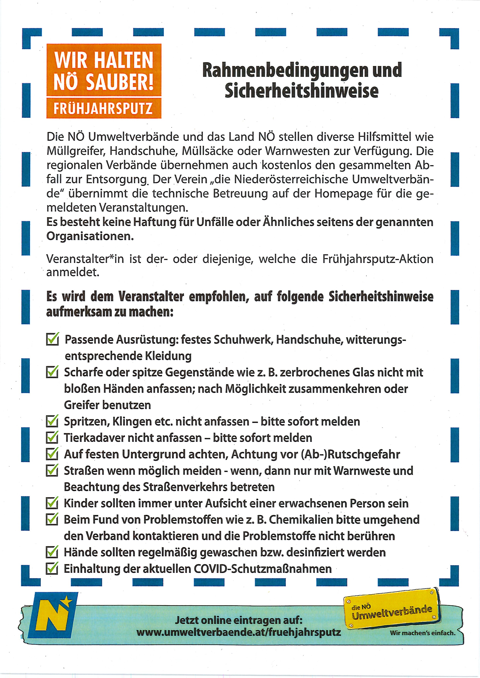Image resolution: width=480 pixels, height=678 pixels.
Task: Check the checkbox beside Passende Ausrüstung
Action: tap(52, 339)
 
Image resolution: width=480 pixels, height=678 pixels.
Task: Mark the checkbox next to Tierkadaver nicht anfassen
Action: tap(52, 437)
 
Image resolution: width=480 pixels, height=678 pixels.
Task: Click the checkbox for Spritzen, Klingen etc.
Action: tap(52, 421)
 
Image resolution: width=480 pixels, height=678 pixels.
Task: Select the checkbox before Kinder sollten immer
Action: tap(52, 503)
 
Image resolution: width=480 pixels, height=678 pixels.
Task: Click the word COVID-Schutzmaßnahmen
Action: tap(263, 569)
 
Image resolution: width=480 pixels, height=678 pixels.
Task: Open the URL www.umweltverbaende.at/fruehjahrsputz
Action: tap(239, 633)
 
